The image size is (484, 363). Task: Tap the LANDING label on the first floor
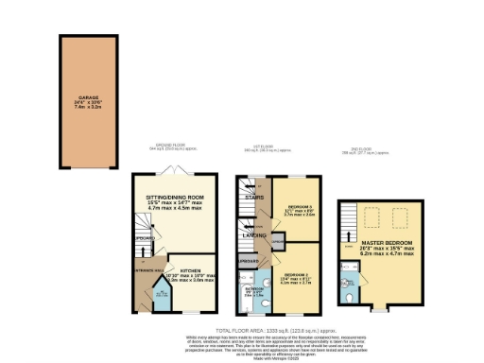pos(252,234)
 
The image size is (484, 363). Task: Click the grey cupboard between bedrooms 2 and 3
pos(276,244)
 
